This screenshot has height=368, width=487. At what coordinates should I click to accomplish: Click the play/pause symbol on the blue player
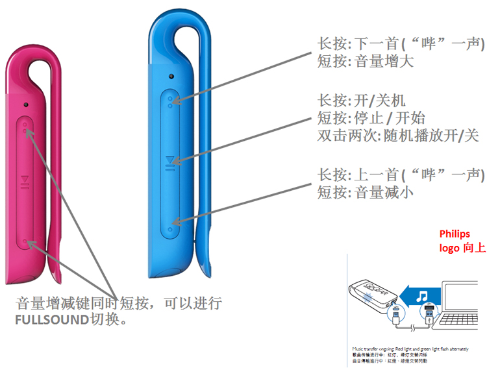170,161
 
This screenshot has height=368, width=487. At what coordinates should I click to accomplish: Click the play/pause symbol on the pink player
25,182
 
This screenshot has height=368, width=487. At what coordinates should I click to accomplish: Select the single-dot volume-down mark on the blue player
170,228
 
